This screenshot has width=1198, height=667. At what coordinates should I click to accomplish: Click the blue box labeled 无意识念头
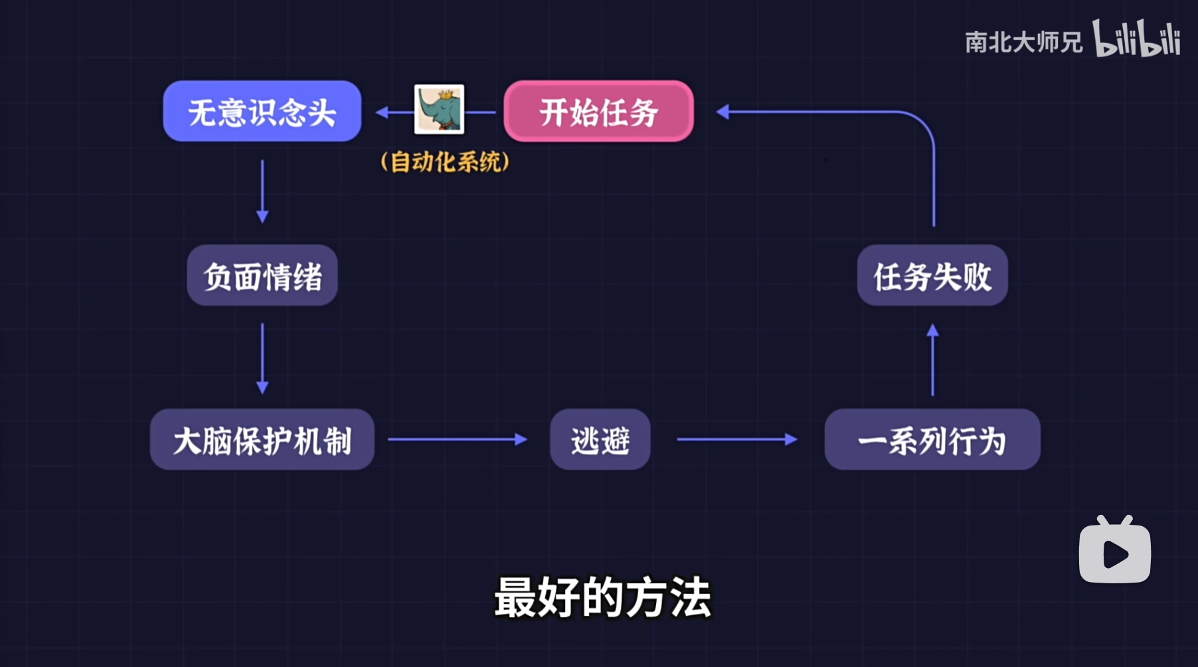click(262, 111)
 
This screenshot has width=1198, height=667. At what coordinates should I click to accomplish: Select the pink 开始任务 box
click(598, 111)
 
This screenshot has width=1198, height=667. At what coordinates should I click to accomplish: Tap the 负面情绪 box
click(262, 276)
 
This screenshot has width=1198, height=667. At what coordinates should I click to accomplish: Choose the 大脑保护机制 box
click(262, 440)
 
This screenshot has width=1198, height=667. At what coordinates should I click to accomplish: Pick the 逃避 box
click(600, 440)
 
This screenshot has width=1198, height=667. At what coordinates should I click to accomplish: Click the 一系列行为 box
click(932, 440)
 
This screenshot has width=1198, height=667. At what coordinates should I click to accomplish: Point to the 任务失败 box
click(932, 276)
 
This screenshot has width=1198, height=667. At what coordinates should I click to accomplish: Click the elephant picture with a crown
click(439, 110)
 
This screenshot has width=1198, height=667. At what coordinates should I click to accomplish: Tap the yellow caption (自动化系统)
click(445, 161)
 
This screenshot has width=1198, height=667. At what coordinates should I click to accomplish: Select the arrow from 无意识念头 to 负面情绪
click(262, 191)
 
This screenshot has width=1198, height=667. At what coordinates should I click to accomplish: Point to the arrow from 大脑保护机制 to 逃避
click(457, 439)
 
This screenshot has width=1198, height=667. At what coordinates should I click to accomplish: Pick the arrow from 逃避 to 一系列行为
click(736, 439)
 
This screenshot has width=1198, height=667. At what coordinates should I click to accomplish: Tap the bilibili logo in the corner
click(1136, 39)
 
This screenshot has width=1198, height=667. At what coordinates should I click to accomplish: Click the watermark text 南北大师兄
click(1023, 43)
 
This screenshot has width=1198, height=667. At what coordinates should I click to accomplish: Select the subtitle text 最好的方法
click(602, 597)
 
